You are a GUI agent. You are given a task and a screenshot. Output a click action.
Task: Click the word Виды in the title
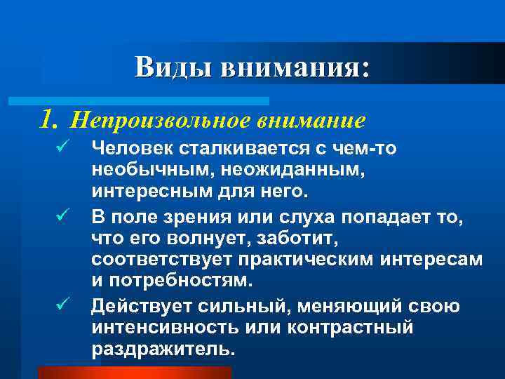173,67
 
